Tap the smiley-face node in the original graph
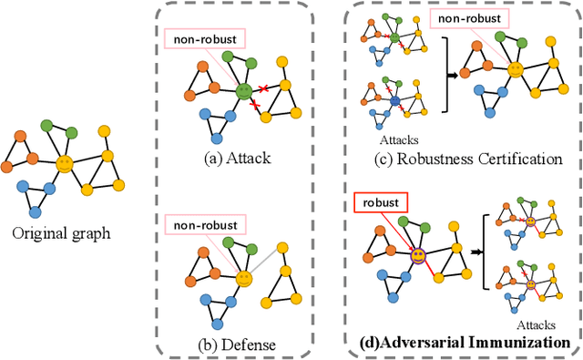pos(64,164)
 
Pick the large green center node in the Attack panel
pos(243,91)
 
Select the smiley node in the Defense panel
pos(243,277)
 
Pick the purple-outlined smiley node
pos(417,257)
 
